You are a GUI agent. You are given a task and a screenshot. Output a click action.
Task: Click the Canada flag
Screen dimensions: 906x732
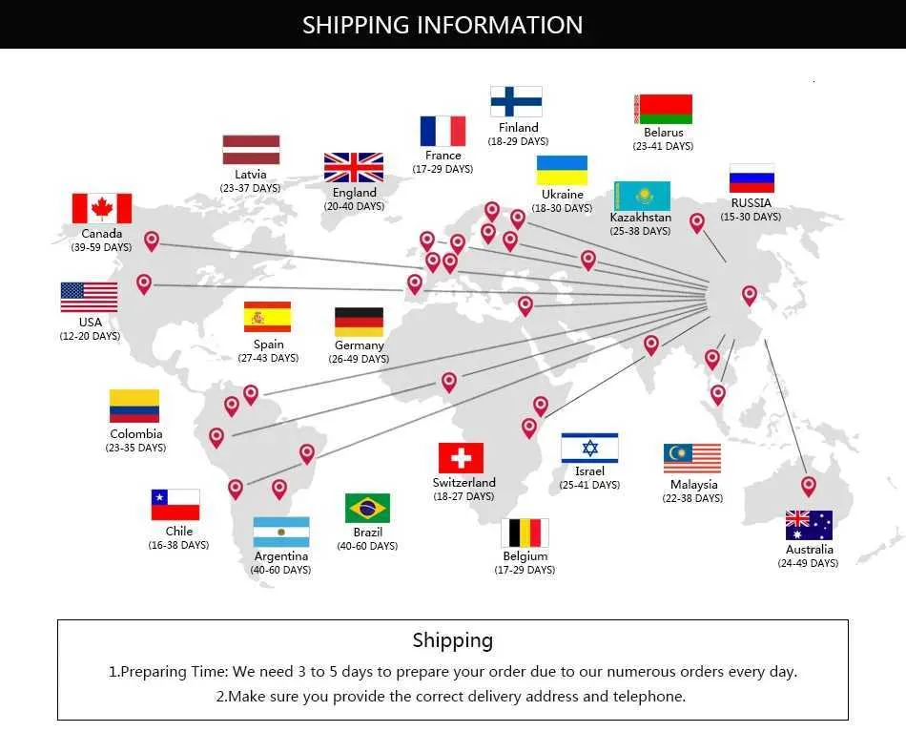(x=102, y=208)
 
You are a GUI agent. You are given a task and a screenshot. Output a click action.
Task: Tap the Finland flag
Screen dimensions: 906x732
(x=516, y=102)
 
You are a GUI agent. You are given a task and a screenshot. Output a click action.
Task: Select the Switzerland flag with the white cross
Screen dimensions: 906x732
(x=461, y=458)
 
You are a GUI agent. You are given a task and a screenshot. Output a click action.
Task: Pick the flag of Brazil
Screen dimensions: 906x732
(x=367, y=509)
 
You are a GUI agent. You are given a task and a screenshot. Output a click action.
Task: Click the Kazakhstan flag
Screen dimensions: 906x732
(x=642, y=196)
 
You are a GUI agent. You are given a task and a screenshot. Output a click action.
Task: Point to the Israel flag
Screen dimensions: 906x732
(x=589, y=448)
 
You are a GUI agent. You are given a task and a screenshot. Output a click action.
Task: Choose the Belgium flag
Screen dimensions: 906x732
(x=525, y=533)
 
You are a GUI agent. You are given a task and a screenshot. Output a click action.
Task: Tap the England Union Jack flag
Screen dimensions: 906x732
(x=354, y=168)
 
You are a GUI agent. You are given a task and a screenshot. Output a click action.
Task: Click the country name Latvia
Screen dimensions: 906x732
(x=251, y=174)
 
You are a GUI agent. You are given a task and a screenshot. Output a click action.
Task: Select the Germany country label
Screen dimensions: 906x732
(x=360, y=345)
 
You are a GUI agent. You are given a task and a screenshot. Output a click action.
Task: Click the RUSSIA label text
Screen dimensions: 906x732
(x=752, y=203)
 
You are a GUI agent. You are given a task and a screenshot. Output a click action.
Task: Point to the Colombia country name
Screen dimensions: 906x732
(x=136, y=433)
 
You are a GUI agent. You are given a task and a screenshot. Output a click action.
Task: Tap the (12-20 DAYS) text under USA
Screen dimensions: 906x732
(x=91, y=336)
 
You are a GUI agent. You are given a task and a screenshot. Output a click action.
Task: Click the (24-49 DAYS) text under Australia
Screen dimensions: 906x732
(x=808, y=563)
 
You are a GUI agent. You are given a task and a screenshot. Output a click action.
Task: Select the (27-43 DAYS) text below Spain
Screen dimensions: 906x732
(x=268, y=358)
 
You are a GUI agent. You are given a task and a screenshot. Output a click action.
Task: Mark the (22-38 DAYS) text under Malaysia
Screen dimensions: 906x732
(x=692, y=498)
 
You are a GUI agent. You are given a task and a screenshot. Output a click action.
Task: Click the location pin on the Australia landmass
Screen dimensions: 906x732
(x=809, y=487)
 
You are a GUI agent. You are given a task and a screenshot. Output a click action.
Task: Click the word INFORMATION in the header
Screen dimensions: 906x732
(x=500, y=26)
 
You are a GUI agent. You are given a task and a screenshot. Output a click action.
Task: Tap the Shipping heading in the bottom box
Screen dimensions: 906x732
(x=453, y=640)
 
